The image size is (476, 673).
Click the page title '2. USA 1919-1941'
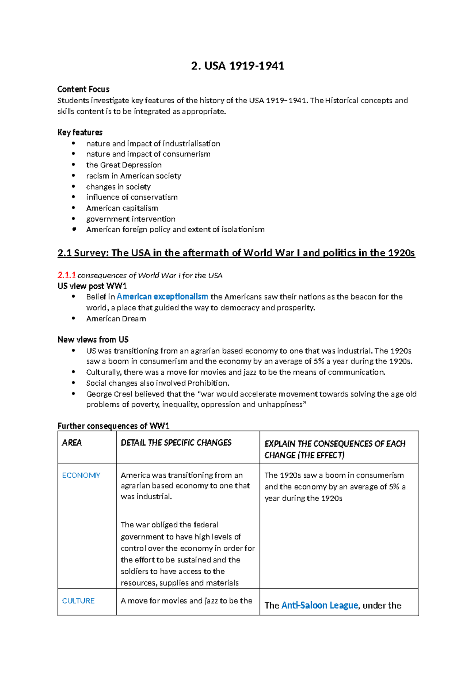[x=238, y=66]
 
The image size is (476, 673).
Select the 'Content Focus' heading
[x=83, y=89]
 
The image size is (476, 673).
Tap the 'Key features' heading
[x=80, y=133]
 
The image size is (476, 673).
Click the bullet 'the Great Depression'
[x=124, y=165]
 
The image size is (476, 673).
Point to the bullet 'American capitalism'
[x=122, y=208]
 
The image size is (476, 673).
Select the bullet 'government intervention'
[x=131, y=219]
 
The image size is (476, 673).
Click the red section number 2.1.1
[x=66, y=275]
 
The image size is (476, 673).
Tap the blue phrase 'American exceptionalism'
[x=162, y=297]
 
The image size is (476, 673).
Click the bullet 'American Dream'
[x=116, y=319]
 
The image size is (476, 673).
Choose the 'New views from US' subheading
[x=93, y=340]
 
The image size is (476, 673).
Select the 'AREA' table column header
[x=72, y=443]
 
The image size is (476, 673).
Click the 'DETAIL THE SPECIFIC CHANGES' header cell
[x=176, y=443]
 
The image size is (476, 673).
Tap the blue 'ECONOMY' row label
[x=81, y=475]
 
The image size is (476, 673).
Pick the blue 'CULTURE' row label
[x=78, y=601]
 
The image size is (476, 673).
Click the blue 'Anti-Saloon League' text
[x=319, y=606]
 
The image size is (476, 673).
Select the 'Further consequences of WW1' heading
[x=113, y=426]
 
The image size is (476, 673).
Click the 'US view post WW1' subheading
[x=92, y=286]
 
